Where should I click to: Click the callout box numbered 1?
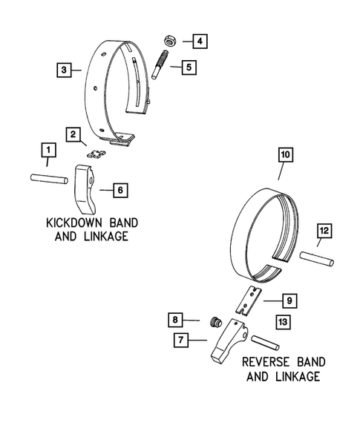point(48,154)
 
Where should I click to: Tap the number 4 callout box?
point(197,41)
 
